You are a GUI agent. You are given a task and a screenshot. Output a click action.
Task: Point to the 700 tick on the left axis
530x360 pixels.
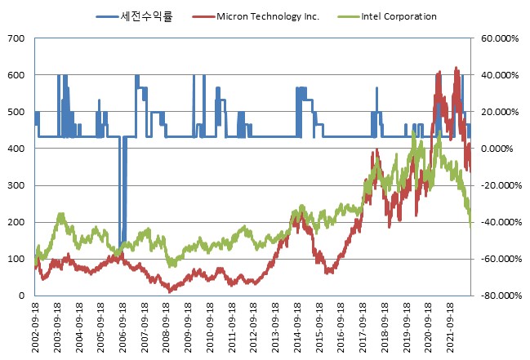pos(17,38)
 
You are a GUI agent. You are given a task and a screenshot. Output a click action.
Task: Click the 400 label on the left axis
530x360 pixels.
pos(17,149)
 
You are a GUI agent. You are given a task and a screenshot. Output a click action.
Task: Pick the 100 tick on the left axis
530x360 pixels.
pos(17,259)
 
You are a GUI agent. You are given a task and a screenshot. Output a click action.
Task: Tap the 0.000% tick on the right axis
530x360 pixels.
pos(500,149)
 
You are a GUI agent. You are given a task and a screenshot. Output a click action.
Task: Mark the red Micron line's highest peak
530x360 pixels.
pos(456,69)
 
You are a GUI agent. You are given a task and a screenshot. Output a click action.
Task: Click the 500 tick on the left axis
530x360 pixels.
pos(17,112)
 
